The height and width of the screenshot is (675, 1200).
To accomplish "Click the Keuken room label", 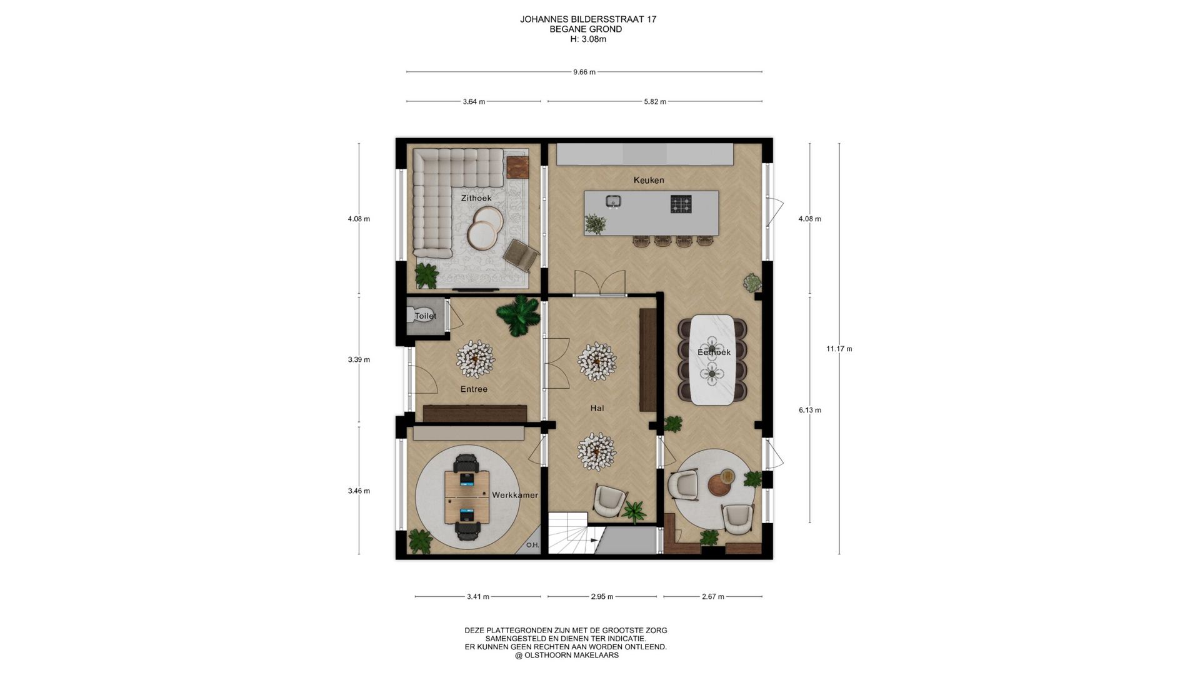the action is click(x=649, y=180).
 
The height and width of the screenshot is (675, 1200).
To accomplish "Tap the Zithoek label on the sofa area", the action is click(x=476, y=198).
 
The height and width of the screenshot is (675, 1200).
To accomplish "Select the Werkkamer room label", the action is click(x=515, y=495).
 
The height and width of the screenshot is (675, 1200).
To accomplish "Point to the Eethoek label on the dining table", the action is click(x=714, y=352).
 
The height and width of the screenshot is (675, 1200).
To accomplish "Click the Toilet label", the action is click(x=426, y=316).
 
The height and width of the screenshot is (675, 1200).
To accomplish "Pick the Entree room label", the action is click(x=474, y=389).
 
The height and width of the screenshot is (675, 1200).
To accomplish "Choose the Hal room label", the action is click(x=597, y=408).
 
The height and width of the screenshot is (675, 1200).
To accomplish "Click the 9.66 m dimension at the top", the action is click(x=584, y=72).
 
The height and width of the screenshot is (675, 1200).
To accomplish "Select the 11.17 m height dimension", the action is click(x=839, y=349).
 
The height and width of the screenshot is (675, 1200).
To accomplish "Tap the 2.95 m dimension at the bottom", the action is click(x=602, y=597).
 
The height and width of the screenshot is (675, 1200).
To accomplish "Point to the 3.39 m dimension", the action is click(x=359, y=359).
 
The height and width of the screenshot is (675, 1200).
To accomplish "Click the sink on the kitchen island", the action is click(x=613, y=201).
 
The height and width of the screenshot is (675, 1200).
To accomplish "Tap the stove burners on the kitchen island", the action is click(x=681, y=204).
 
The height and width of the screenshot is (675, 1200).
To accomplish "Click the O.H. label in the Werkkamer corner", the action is click(x=532, y=545).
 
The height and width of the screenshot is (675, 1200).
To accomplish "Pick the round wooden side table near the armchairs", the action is click(x=724, y=483).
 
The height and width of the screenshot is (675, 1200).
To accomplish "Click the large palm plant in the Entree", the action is click(x=518, y=315).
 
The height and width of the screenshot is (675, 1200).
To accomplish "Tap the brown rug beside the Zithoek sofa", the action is click(x=518, y=166).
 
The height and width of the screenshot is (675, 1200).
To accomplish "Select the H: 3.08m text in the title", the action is click(x=588, y=39).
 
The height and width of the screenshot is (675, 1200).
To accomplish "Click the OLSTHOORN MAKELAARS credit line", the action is click(x=567, y=656).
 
